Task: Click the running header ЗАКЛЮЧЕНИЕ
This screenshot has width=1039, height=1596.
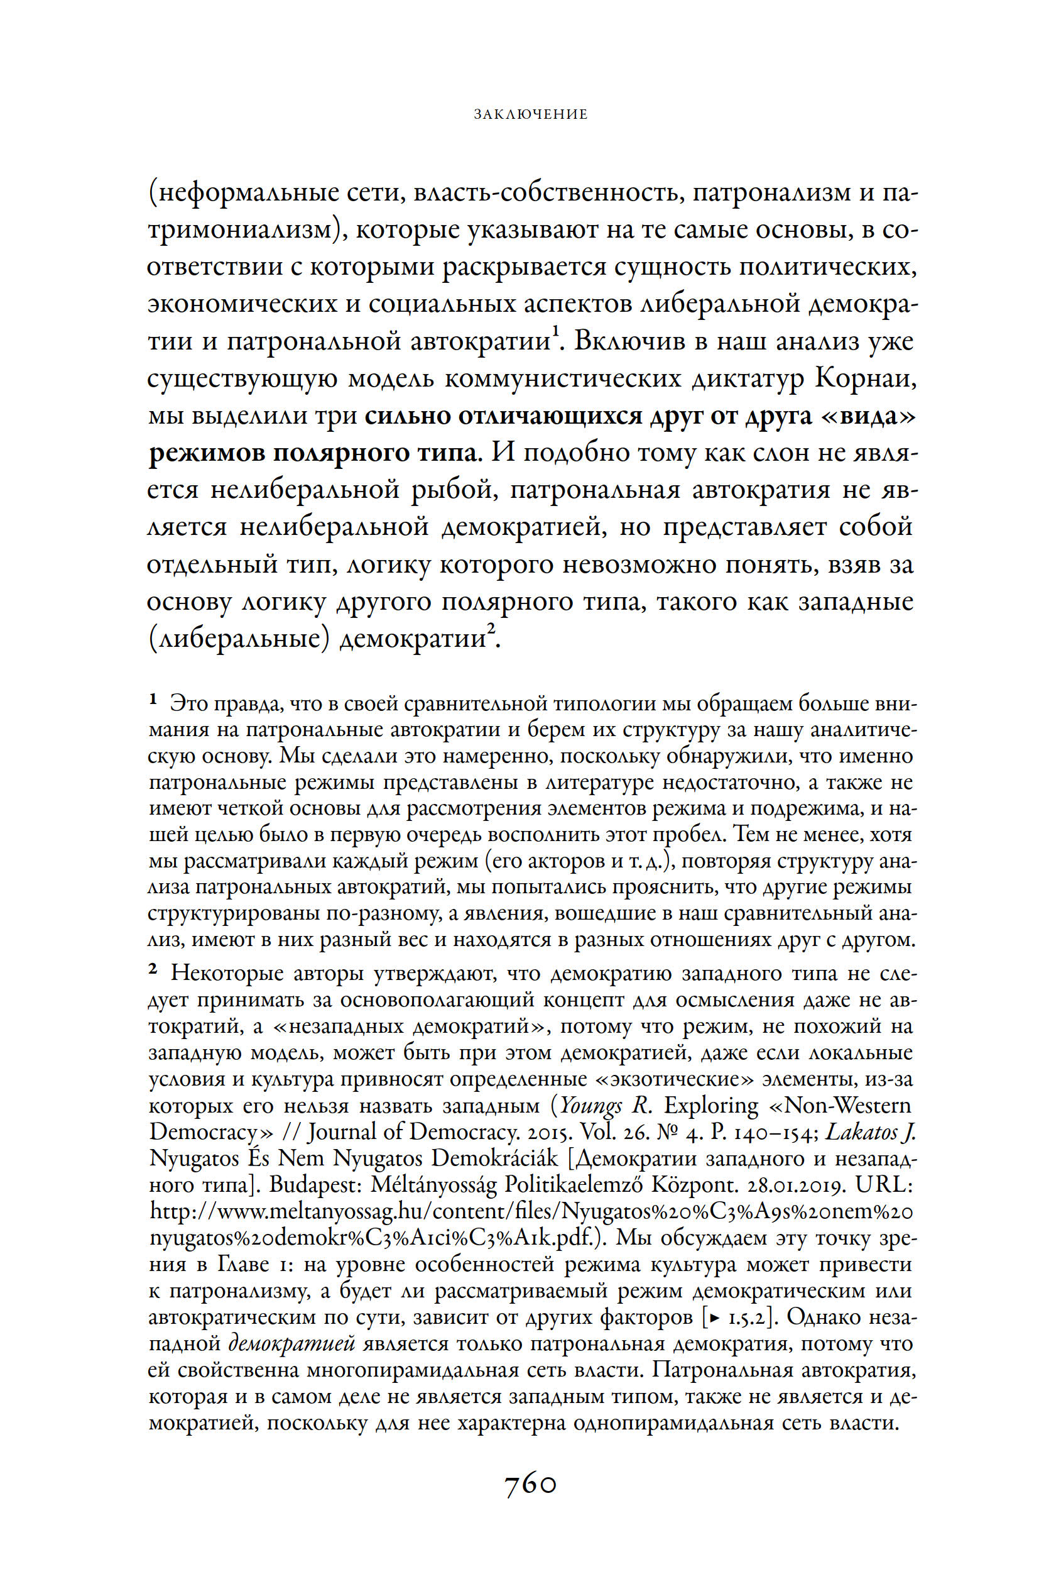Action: pyautogui.click(x=530, y=114)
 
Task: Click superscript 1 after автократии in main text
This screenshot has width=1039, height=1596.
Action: pyautogui.click(x=554, y=331)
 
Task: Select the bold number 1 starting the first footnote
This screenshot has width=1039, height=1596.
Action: pyautogui.click(x=153, y=701)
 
